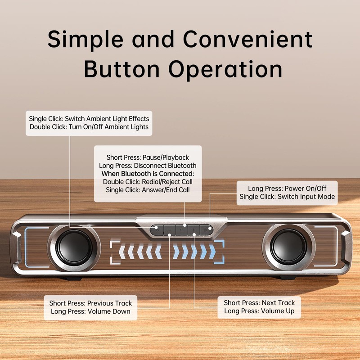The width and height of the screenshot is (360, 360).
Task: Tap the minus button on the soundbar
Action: point(169,230)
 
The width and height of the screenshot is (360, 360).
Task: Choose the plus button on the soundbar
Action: point(194,230)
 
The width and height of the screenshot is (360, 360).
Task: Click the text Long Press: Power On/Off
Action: point(287,189)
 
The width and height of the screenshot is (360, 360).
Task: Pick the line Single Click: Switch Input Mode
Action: point(287,197)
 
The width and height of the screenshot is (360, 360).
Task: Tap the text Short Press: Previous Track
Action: point(90,303)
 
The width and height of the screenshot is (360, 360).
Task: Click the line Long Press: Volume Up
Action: point(262,311)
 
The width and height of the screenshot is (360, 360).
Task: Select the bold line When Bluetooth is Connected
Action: point(148,174)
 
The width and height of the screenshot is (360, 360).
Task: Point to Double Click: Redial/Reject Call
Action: point(148,182)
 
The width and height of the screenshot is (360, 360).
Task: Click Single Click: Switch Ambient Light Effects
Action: point(89,119)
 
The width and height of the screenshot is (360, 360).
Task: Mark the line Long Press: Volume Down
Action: point(90,311)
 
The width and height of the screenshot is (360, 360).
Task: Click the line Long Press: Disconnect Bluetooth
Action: point(148,166)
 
